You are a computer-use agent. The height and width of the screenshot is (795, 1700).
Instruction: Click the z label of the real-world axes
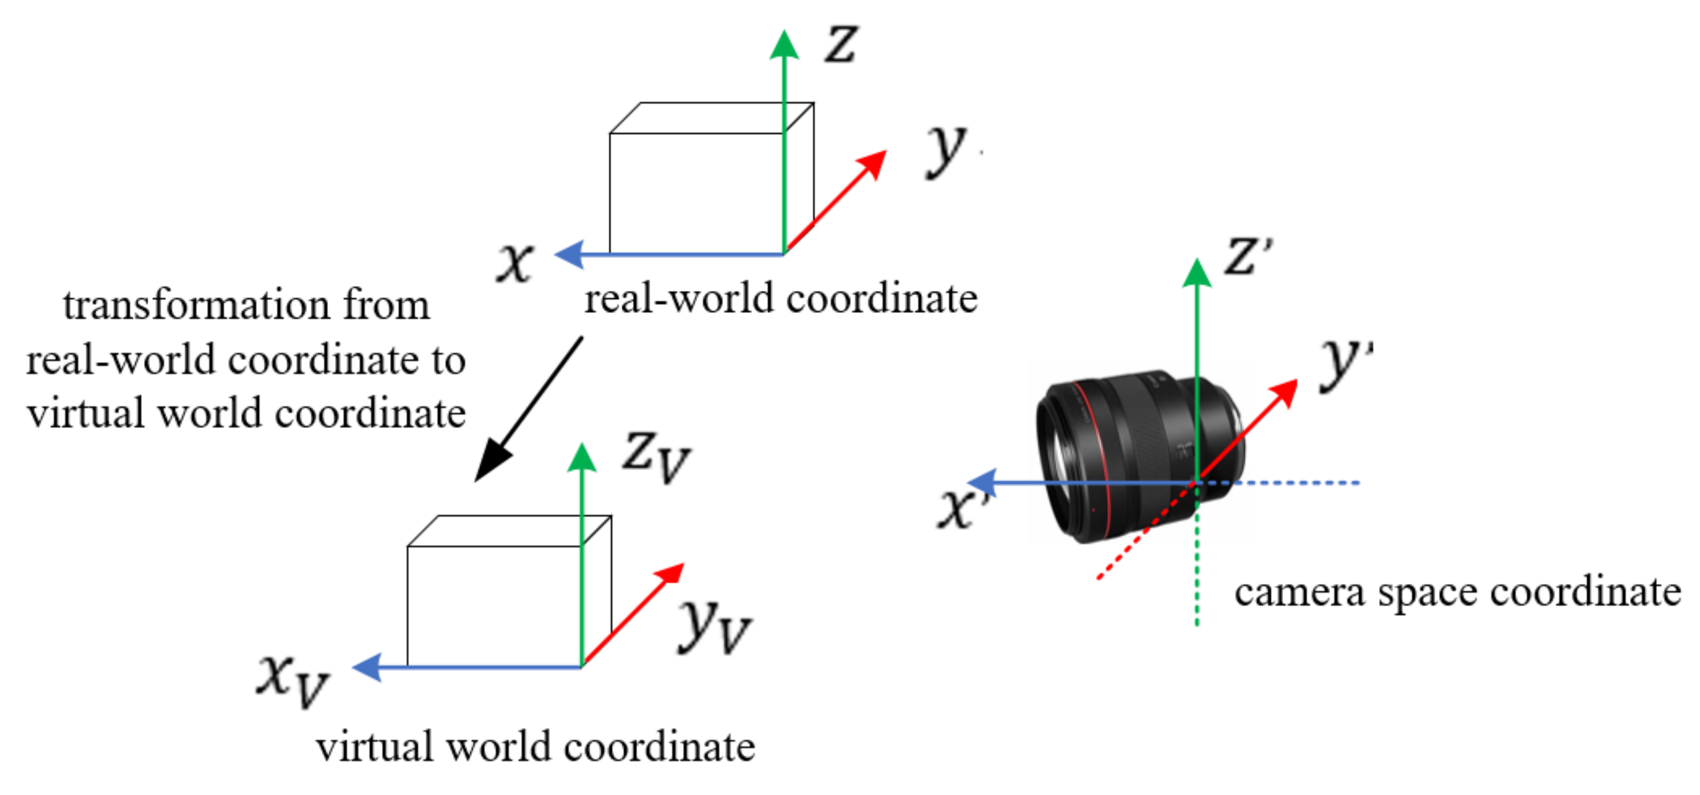841,44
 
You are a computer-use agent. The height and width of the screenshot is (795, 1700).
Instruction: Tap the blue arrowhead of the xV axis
368,667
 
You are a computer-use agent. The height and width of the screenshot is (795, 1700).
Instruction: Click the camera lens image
1122,455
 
